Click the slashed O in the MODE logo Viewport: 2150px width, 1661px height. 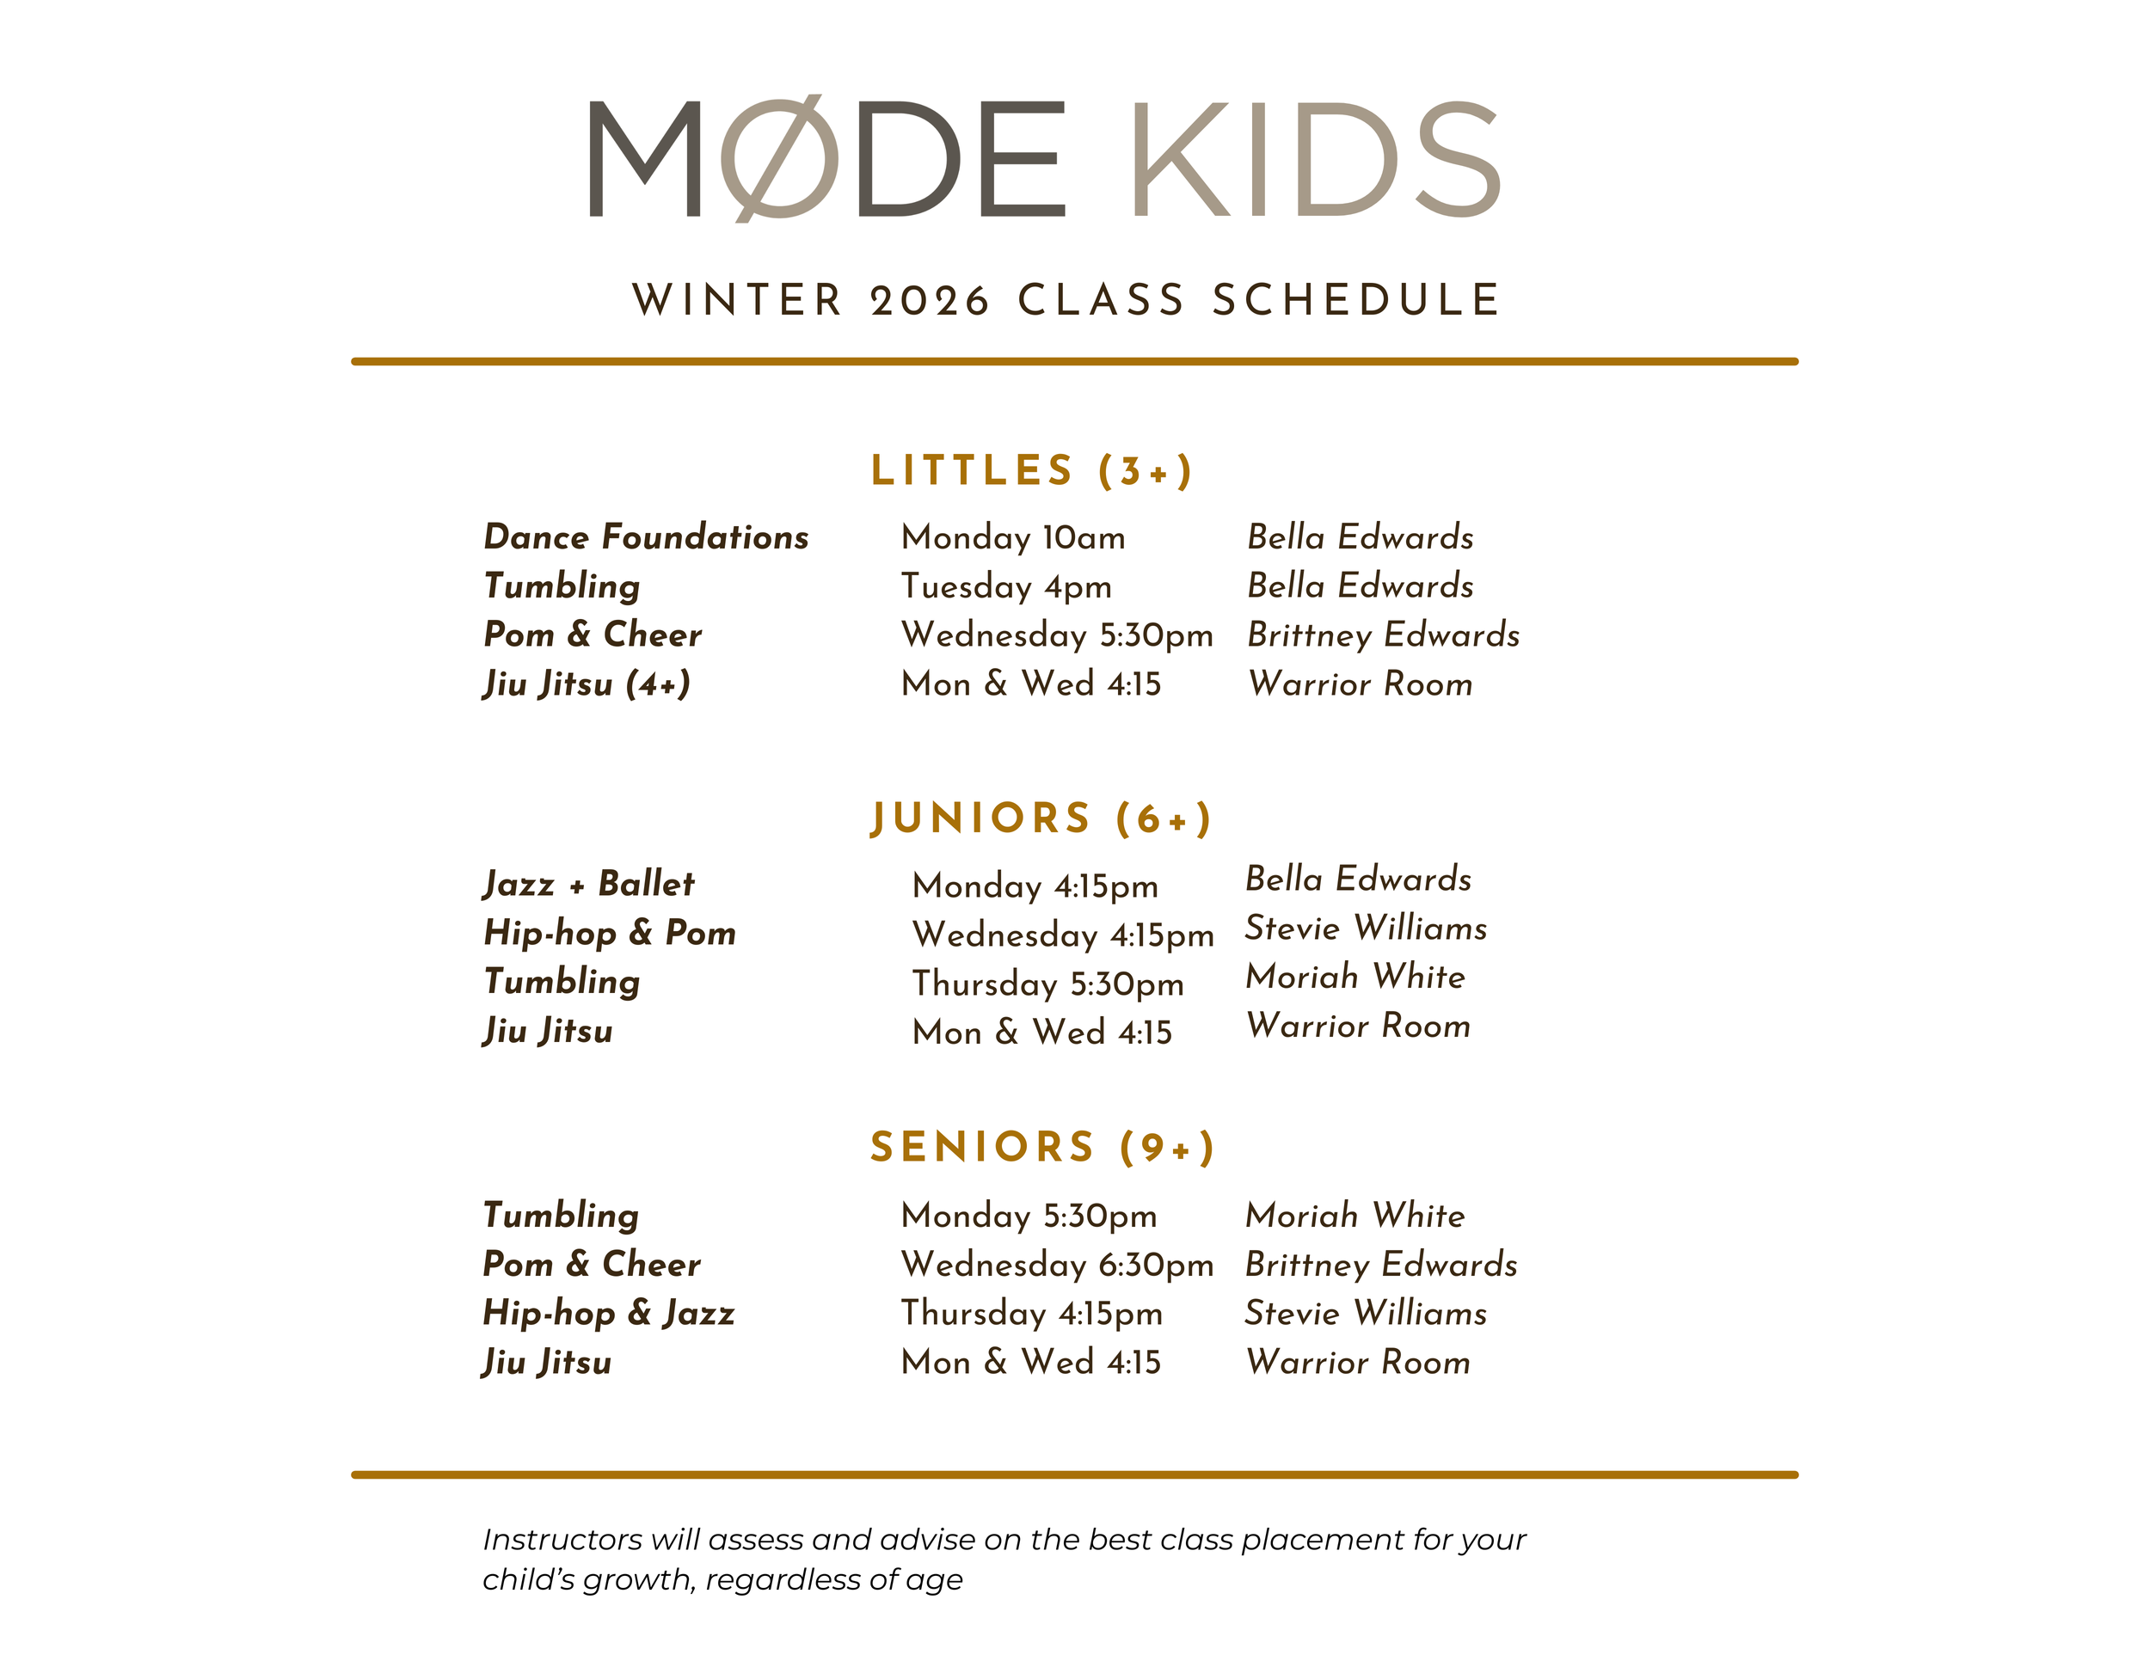tap(780, 159)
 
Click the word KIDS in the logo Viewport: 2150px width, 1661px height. tap(1315, 159)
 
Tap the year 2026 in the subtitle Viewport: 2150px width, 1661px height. tap(930, 300)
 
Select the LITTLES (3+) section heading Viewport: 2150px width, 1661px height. tap(1032, 470)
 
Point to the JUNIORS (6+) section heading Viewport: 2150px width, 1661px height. tap(1041, 818)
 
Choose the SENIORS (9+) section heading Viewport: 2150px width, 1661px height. tap(1042, 1148)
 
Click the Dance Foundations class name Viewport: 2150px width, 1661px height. tap(646, 537)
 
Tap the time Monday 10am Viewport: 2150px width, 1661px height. tap(1013, 537)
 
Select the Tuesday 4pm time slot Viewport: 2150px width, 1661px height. tap(1006, 586)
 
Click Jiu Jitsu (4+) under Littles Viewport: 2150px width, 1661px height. tap(587, 683)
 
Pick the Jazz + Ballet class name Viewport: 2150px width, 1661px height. tap(589, 884)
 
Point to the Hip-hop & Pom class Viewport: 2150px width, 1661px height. tap(610, 933)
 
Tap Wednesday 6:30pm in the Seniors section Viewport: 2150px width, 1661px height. tap(1056, 1265)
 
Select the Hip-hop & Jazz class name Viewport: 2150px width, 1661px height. tap(608, 1313)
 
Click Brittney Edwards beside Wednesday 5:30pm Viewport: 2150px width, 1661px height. tap(1383, 634)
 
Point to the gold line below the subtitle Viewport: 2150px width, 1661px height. tap(1074, 361)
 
